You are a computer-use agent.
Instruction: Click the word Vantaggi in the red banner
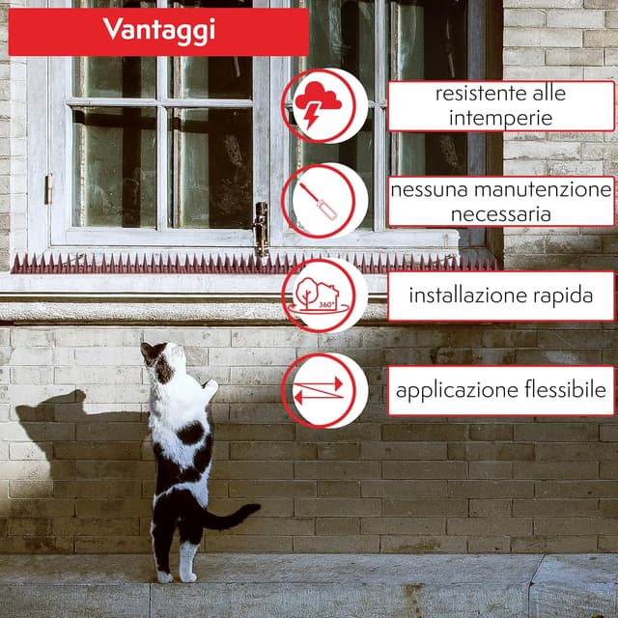tap(159, 30)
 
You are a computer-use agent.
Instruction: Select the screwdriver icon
tap(318, 201)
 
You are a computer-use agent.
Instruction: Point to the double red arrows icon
tap(319, 390)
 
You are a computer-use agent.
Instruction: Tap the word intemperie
tap(500, 119)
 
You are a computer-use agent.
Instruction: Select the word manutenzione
tap(543, 190)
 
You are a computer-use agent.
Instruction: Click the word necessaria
tap(500, 214)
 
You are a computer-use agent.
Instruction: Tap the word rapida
tap(563, 296)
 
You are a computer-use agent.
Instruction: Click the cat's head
tap(162, 358)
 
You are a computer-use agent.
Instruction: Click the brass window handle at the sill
tap(261, 229)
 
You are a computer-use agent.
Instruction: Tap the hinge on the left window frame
tap(48, 188)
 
